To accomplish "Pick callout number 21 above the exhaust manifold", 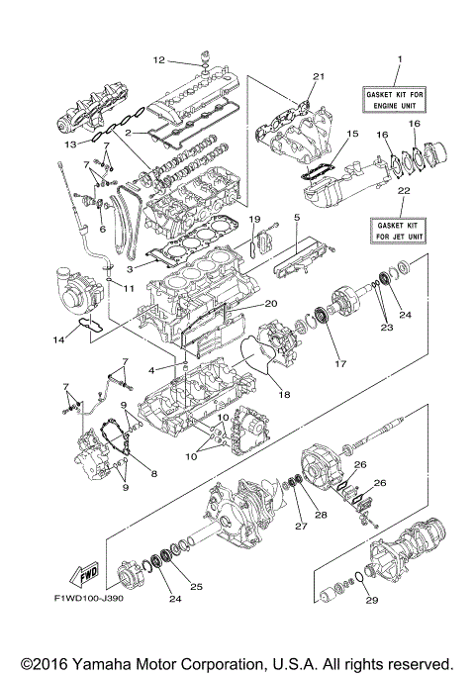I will [319, 76].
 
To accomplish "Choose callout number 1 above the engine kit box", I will [399, 60].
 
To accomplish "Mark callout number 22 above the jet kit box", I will [402, 190].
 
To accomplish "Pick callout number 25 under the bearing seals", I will [196, 587].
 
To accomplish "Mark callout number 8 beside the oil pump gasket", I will [154, 474].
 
